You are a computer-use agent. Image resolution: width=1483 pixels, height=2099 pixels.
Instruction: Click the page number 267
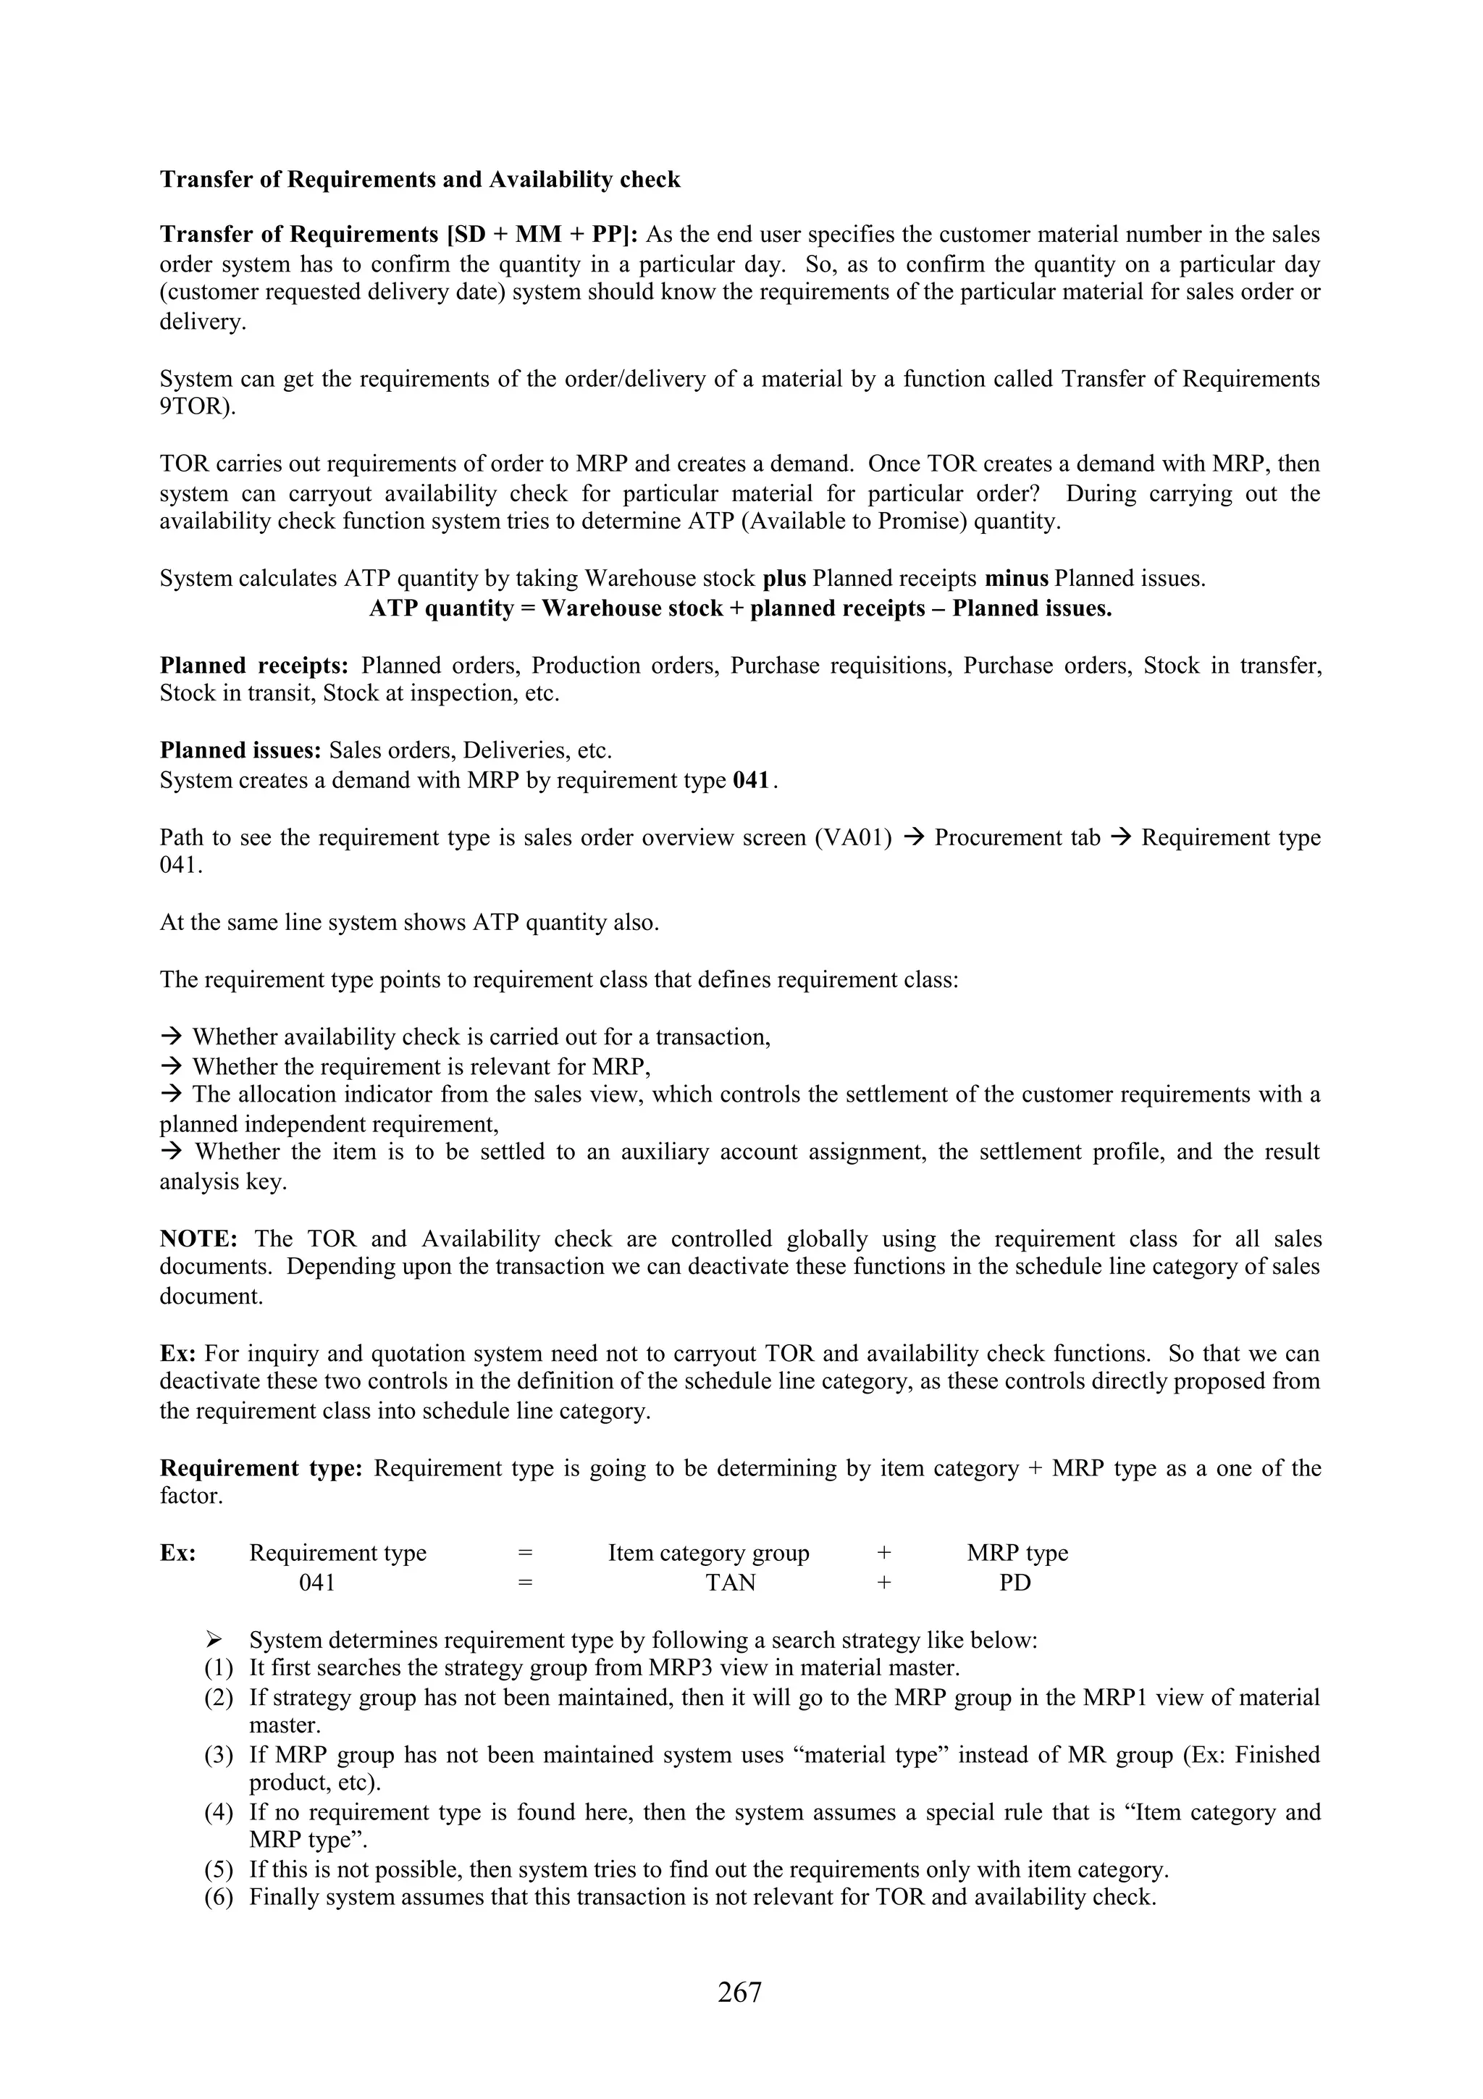coord(739,1991)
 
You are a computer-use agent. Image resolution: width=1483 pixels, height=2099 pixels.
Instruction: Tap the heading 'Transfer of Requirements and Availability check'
coord(420,179)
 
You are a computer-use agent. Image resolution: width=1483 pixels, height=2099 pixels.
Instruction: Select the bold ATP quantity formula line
coord(740,609)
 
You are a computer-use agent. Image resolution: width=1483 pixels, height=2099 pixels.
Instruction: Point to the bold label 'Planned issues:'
coord(240,750)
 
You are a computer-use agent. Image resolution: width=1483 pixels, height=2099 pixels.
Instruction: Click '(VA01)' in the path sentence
coord(852,838)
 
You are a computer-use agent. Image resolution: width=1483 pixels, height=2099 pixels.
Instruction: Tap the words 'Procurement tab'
coord(1017,838)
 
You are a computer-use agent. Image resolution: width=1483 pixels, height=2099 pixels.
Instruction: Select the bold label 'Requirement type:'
coord(261,1468)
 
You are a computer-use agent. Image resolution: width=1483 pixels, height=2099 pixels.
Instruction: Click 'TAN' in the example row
coord(730,1583)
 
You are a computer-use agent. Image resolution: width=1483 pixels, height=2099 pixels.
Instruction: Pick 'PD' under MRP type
coord(1014,1583)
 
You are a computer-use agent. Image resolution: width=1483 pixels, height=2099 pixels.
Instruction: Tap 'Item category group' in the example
coord(708,1553)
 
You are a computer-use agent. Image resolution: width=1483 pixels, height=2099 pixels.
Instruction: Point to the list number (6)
coord(219,1897)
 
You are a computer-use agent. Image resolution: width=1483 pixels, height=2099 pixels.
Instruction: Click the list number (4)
coord(219,1812)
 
